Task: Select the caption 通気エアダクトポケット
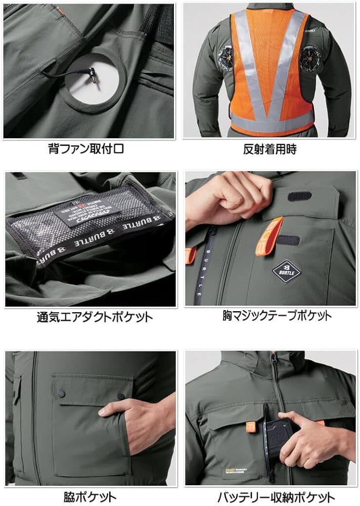pyautogui.click(x=94, y=317)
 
